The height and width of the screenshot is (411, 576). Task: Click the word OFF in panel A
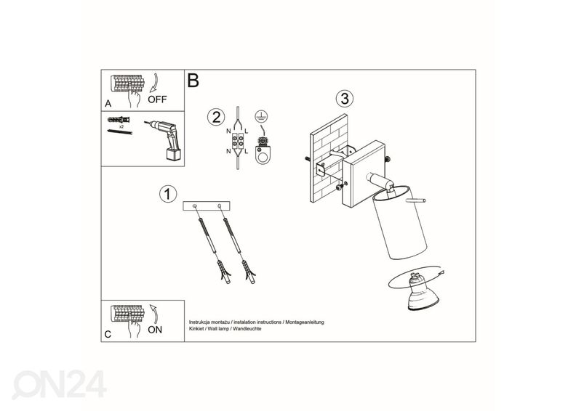157,99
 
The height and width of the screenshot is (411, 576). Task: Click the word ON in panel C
155,330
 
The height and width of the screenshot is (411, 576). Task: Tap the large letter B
193,81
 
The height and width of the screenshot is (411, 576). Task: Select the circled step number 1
168,194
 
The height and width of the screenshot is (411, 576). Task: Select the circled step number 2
216,117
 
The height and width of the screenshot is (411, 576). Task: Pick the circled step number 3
345,99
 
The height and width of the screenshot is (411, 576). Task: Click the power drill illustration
164,139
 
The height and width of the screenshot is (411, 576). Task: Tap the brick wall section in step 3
329,158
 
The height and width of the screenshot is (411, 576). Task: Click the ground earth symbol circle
261,117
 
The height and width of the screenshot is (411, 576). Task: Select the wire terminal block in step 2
237,141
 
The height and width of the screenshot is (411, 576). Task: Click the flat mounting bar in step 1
207,206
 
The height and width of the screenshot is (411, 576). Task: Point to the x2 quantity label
121,126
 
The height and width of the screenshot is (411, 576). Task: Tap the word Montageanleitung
305,322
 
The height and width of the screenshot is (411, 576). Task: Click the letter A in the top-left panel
108,104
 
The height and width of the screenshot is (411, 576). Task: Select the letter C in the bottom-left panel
108,334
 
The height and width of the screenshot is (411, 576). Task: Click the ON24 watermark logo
59,384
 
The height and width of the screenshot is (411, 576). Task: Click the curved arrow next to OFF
155,83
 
